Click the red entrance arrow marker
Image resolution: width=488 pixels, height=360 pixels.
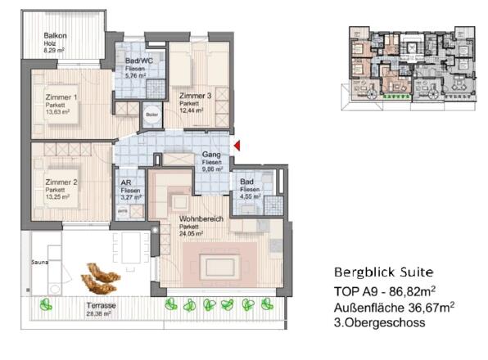(x=237, y=146)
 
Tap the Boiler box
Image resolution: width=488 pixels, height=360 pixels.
(x=151, y=115)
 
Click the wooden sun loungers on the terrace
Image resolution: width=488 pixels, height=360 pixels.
(x=102, y=281)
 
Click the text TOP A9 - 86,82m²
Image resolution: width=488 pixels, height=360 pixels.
(x=384, y=290)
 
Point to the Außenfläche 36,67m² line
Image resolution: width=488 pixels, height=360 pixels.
(x=394, y=307)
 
